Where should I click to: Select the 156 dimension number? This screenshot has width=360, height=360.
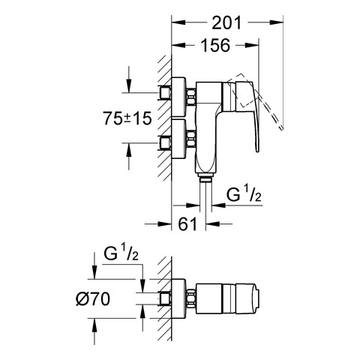click(x=215, y=46)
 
